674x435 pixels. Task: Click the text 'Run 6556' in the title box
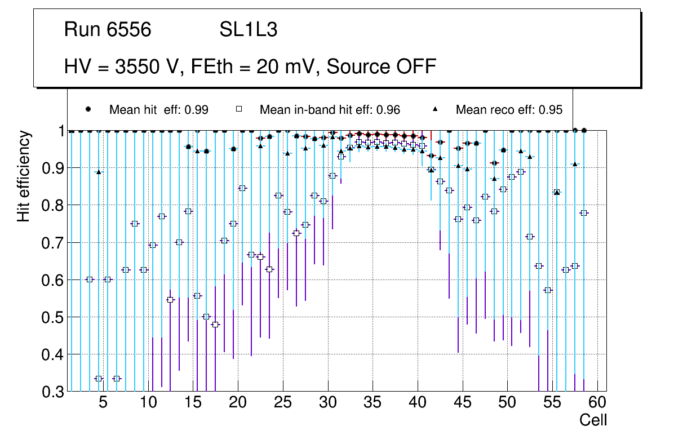point(108,30)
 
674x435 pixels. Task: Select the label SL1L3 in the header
point(248,30)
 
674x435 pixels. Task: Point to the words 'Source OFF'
point(382,66)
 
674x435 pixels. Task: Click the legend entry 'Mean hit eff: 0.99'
point(158,110)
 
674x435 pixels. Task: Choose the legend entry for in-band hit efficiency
point(329,110)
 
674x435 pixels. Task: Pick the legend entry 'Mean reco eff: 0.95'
point(509,110)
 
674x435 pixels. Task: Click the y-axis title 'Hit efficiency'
point(23,176)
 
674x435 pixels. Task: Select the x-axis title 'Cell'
point(593,420)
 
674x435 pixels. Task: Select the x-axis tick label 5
point(103,403)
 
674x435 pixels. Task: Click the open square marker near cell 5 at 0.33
point(99,379)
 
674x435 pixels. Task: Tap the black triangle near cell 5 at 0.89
point(99,172)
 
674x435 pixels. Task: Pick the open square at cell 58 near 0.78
point(584,213)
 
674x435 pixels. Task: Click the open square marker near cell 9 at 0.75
point(135,224)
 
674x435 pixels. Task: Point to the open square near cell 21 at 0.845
point(242,188)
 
